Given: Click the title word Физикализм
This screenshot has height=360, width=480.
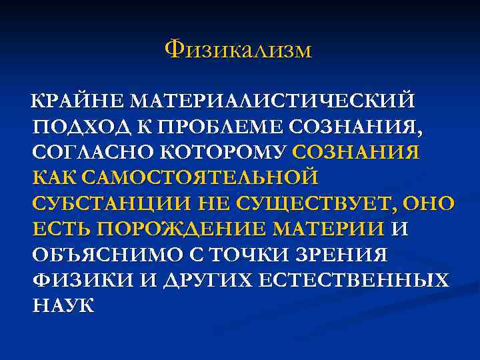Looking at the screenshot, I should (x=238, y=49).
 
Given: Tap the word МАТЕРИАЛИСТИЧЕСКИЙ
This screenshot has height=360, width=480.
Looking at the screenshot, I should (x=273, y=101).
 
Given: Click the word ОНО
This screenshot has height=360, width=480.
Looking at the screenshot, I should (x=429, y=203).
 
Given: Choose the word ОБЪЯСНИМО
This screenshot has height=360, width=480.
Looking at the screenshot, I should (x=98, y=255).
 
